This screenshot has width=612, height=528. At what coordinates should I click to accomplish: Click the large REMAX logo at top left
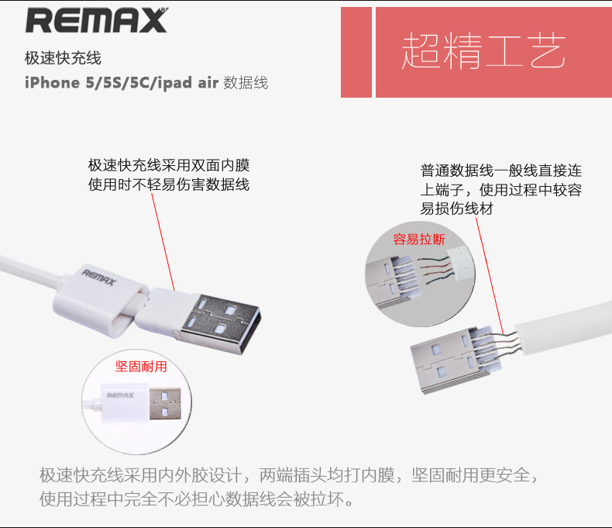96,20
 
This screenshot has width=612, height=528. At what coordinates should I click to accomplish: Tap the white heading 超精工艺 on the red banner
483,50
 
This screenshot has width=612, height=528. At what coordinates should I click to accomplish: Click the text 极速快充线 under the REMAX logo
63,58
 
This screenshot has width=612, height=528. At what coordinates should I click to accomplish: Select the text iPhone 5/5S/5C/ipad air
121,83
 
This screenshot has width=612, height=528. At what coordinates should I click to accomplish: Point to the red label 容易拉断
419,239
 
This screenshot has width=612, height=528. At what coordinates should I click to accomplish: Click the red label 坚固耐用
141,366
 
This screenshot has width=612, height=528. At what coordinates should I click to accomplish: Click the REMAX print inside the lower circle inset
120,395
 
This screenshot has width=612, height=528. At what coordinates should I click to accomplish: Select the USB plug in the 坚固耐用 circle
165,404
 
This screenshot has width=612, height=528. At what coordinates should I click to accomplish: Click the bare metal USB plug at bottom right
456,358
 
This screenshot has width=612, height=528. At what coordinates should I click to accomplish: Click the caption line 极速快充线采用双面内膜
169,165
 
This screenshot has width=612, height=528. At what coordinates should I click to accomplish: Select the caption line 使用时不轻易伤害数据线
169,185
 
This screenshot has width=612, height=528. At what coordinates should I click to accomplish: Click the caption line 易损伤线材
456,209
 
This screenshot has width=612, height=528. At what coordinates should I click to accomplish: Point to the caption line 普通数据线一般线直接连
501,171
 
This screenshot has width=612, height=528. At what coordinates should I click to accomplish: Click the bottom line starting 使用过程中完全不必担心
196,499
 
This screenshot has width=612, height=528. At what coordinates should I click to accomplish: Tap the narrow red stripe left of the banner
356,52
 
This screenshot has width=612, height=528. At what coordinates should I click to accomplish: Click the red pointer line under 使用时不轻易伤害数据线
163,242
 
